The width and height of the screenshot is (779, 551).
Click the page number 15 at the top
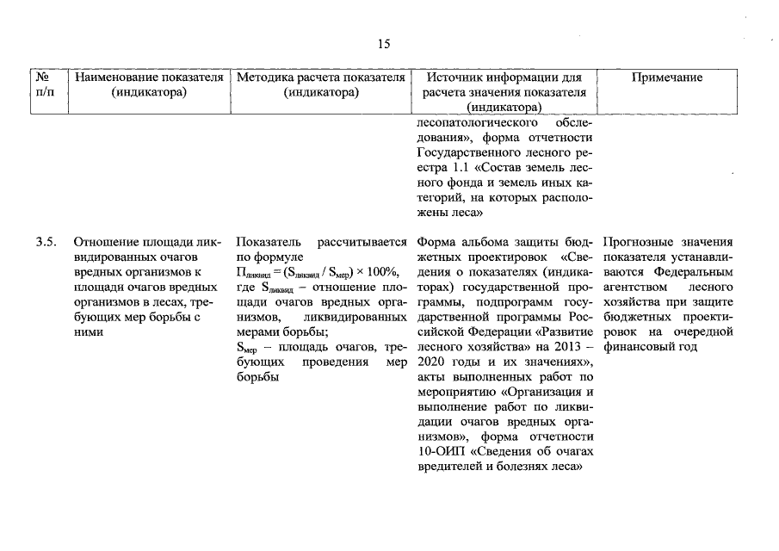pyautogui.click(x=384, y=44)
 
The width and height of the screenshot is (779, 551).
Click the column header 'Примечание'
pyautogui.click(x=667, y=77)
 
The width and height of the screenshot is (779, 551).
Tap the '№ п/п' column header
pyautogui.click(x=45, y=84)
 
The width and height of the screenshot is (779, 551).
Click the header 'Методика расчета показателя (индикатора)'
pyautogui.click(x=320, y=84)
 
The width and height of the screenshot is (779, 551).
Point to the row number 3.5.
pyautogui.click(x=46, y=242)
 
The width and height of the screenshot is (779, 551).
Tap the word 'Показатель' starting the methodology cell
pyautogui.click(x=264, y=242)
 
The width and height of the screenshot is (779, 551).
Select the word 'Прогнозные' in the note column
pyautogui.click(x=637, y=242)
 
